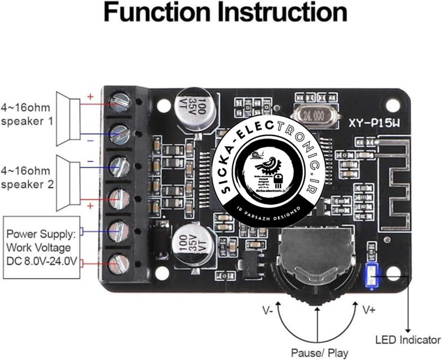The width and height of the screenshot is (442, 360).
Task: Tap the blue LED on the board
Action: pyautogui.click(x=371, y=277)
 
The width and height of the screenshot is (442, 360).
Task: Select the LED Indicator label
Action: pyautogui.click(x=408, y=340)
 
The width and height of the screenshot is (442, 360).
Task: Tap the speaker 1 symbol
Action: pyautogui.click(x=68, y=118)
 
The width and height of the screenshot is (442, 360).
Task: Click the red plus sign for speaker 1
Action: pyautogui.click(x=90, y=96)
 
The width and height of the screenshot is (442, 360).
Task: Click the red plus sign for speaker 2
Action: pyautogui.click(x=90, y=205)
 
